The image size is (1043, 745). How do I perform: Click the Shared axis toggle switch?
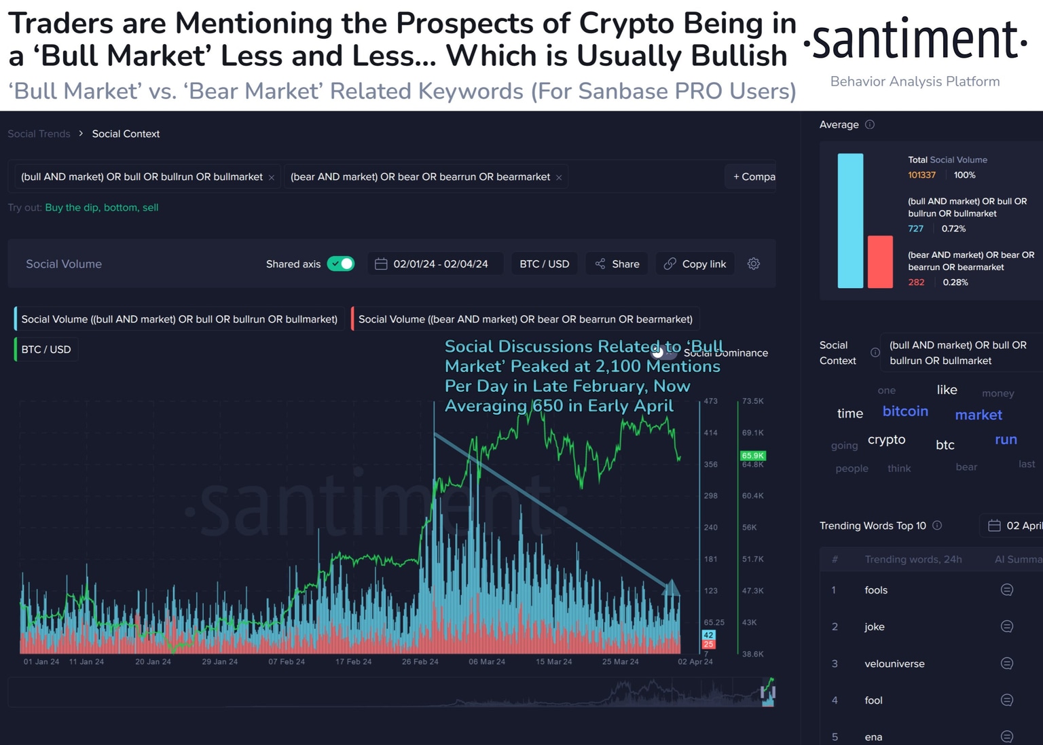(x=341, y=264)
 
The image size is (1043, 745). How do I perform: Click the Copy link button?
(x=695, y=264)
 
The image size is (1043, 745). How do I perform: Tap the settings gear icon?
(x=754, y=264)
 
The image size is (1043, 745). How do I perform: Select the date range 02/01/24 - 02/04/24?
(x=432, y=264)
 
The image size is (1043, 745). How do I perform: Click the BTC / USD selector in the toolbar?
(x=544, y=264)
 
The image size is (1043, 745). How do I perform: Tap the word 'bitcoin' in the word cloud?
(x=905, y=411)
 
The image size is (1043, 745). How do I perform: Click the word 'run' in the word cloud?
(x=1006, y=439)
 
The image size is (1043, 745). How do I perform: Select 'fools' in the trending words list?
(x=876, y=590)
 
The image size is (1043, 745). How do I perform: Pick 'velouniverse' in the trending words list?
(x=894, y=664)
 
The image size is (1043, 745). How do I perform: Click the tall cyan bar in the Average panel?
(x=850, y=221)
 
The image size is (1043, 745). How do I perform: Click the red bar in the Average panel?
(x=880, y=261)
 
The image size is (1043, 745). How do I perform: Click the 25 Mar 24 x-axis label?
(x=620, y=661)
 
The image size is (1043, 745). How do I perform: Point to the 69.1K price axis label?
(x=753, y=433)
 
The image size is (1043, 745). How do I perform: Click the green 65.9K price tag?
(x=752, y=456)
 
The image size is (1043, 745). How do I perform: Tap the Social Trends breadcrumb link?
(x=39, y=134)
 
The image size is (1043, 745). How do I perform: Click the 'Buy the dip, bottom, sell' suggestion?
(x=102, y=207)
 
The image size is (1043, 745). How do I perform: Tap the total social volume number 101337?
(x=921, y=175)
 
